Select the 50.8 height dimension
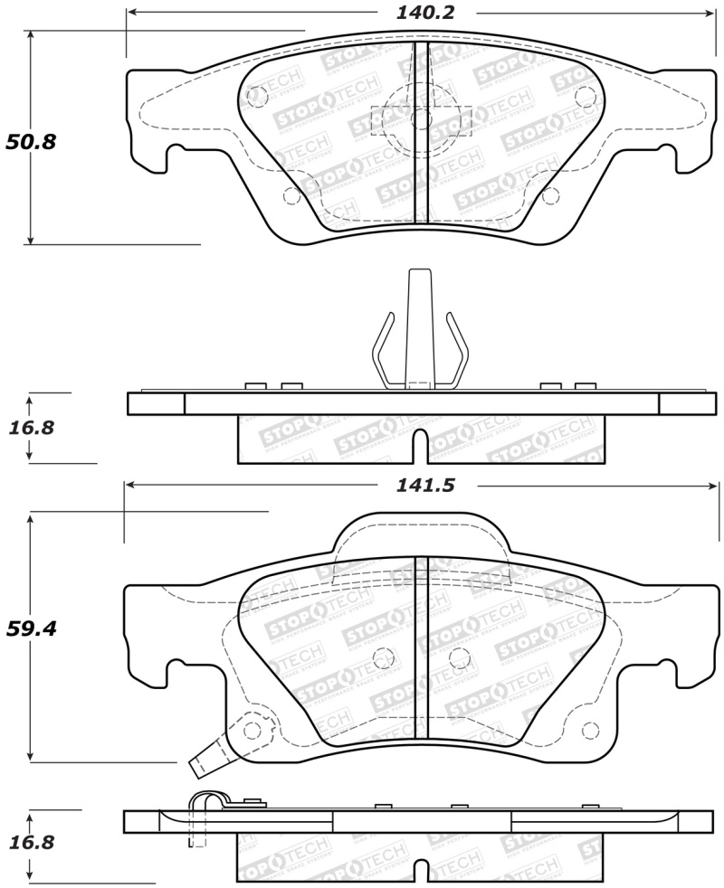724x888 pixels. (x=31, y=142)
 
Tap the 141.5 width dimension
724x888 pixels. (x=424, y=486)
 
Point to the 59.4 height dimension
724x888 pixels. (x=31, y=628)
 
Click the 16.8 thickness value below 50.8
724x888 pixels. (x=31, y=428)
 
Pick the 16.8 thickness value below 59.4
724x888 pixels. (x=31, y=843)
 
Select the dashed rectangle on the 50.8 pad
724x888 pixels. (x=422, y=120)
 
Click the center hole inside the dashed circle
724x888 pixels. (x=420, y=119)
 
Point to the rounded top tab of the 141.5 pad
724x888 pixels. (x=419, y=534)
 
